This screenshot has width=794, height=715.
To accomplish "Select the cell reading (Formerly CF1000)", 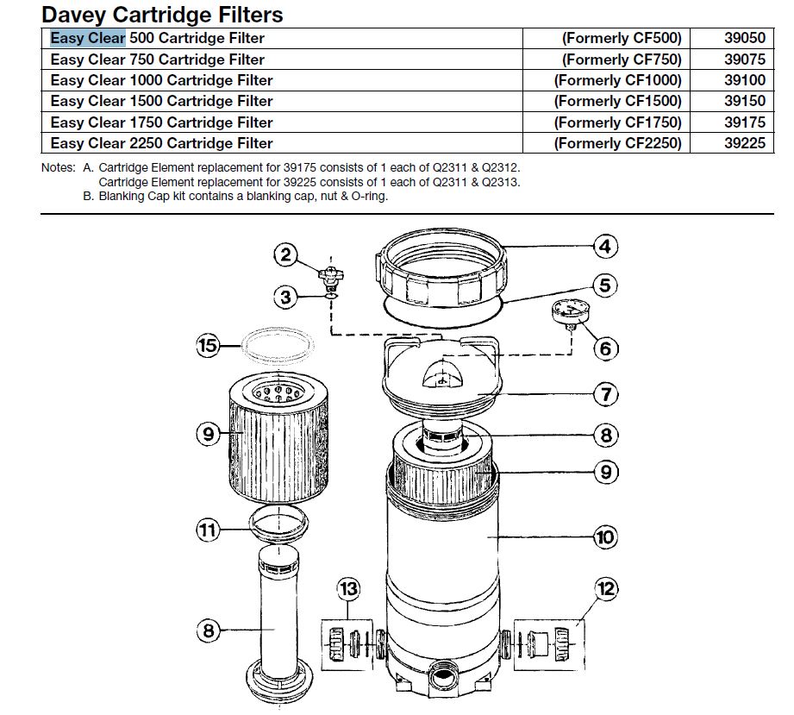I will tap(618, 80).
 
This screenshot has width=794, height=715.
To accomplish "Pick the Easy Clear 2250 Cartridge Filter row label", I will tap(161, 143).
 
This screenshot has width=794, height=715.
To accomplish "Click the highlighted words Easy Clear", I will tap(88, 38).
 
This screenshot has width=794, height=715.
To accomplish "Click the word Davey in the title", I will tap(74, 14).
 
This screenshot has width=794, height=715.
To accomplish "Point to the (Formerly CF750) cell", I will tap(622, 60).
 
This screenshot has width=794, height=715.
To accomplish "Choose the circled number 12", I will tap(606, 589).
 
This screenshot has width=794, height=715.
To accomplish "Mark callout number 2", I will tap(287, 254).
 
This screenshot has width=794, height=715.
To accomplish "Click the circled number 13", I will tap(349, 589).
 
